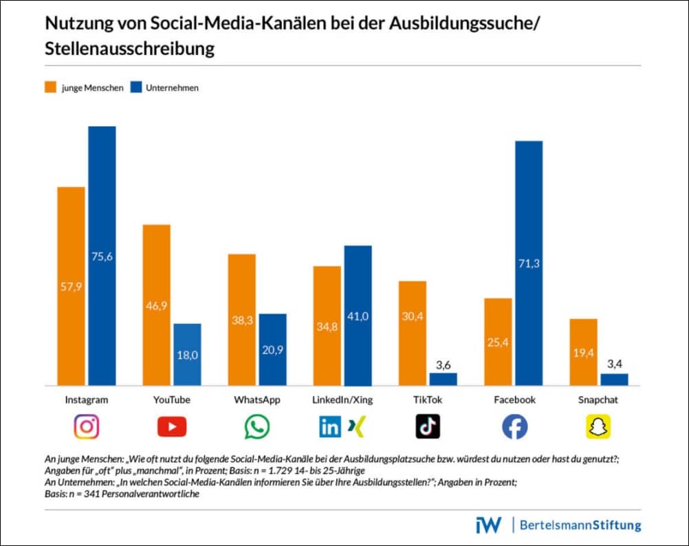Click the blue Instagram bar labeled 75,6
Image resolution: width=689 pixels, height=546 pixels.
102,256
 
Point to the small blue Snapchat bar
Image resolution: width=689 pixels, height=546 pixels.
614,380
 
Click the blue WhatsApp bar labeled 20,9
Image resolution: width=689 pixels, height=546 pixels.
272,349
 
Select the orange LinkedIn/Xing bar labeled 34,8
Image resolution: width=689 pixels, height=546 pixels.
327,325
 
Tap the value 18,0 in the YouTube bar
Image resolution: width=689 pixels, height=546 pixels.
187,356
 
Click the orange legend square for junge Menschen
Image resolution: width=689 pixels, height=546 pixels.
50,87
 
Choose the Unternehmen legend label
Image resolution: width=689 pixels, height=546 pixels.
171,88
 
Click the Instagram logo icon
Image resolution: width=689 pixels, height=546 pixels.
87,427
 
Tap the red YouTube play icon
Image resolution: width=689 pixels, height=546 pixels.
172,427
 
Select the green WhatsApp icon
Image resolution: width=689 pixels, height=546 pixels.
257,427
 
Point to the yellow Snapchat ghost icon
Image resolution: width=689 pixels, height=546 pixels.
598,427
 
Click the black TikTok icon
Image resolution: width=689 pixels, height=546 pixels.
428,427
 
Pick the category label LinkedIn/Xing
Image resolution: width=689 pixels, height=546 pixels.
342,400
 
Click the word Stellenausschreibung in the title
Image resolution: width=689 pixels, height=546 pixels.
130,50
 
